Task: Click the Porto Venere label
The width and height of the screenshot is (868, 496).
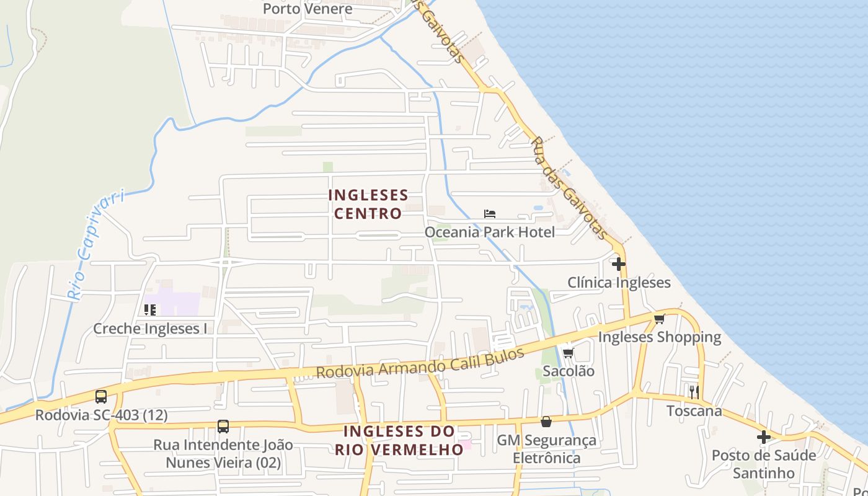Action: (x=308, y=9)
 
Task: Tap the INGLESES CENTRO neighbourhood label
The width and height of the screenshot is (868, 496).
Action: (x=368, y=205)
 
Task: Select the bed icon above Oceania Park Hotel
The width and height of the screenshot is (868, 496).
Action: (x=490, y=214)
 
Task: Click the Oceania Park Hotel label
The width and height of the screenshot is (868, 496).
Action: (x=490, y=232)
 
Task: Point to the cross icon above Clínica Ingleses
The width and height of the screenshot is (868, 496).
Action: (x=618, y=264)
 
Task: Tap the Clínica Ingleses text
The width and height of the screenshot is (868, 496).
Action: (x=619, y=283)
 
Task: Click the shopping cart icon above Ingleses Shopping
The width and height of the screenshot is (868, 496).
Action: (x=659, y=319)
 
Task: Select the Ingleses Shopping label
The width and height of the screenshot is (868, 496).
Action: (x=659, y=337)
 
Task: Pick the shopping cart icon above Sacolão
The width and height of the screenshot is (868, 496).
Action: (x=568, y=353)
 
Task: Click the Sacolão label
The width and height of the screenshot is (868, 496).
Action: (x=568, y=371)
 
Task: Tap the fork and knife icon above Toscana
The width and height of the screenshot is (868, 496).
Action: (x=694, y=392)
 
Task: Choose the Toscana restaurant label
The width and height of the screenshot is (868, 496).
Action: (x=694, y=411)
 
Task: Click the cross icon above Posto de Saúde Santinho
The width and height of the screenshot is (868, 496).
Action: (x=763, y=437)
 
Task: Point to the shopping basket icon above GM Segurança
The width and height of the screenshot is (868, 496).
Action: (x=546, y=422)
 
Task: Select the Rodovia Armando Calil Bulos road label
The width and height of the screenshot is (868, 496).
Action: (x=420, y=364)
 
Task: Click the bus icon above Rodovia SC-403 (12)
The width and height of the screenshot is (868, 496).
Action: (x=101, y=397)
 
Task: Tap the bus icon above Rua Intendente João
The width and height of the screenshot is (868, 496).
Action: (x=223, y=427)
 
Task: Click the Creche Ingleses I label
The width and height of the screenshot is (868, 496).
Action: (x=150, y=329)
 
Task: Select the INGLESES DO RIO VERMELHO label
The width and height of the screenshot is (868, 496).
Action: (x=399, y=440)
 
